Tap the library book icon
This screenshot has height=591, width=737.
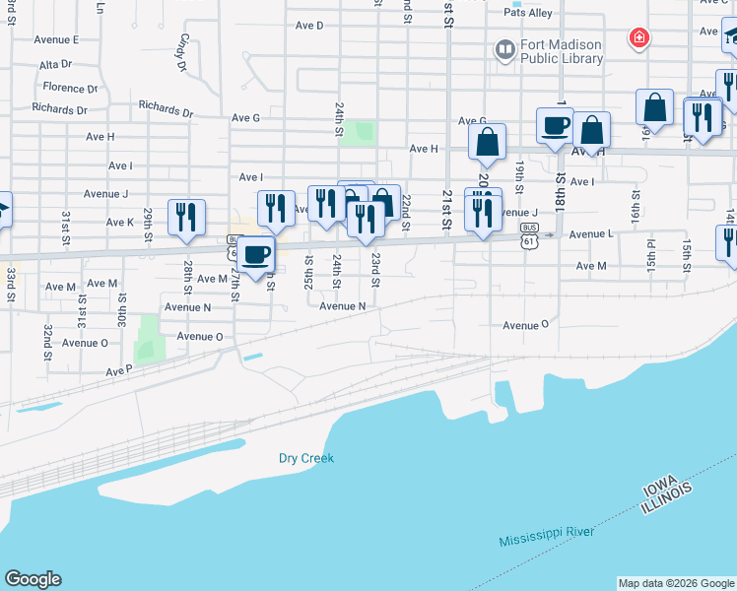click(505, 49)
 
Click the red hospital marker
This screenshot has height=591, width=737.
click(639, 38)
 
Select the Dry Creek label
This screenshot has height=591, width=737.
click(306, 458)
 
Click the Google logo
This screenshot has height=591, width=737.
click(33, 579)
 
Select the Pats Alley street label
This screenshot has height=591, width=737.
click(528, 13)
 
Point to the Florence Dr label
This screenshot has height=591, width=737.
click(70, 88)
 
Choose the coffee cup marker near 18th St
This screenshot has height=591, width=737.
click(555, 126)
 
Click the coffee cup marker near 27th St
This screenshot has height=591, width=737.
click(256, 255)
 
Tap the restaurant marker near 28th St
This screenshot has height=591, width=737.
click(186, 217)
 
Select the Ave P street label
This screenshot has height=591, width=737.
click(118, 371)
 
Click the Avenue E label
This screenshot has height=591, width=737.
click(56, 39)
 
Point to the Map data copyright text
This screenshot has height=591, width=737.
click(676, 583)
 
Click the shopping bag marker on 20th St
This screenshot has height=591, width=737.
click(487, 143)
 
